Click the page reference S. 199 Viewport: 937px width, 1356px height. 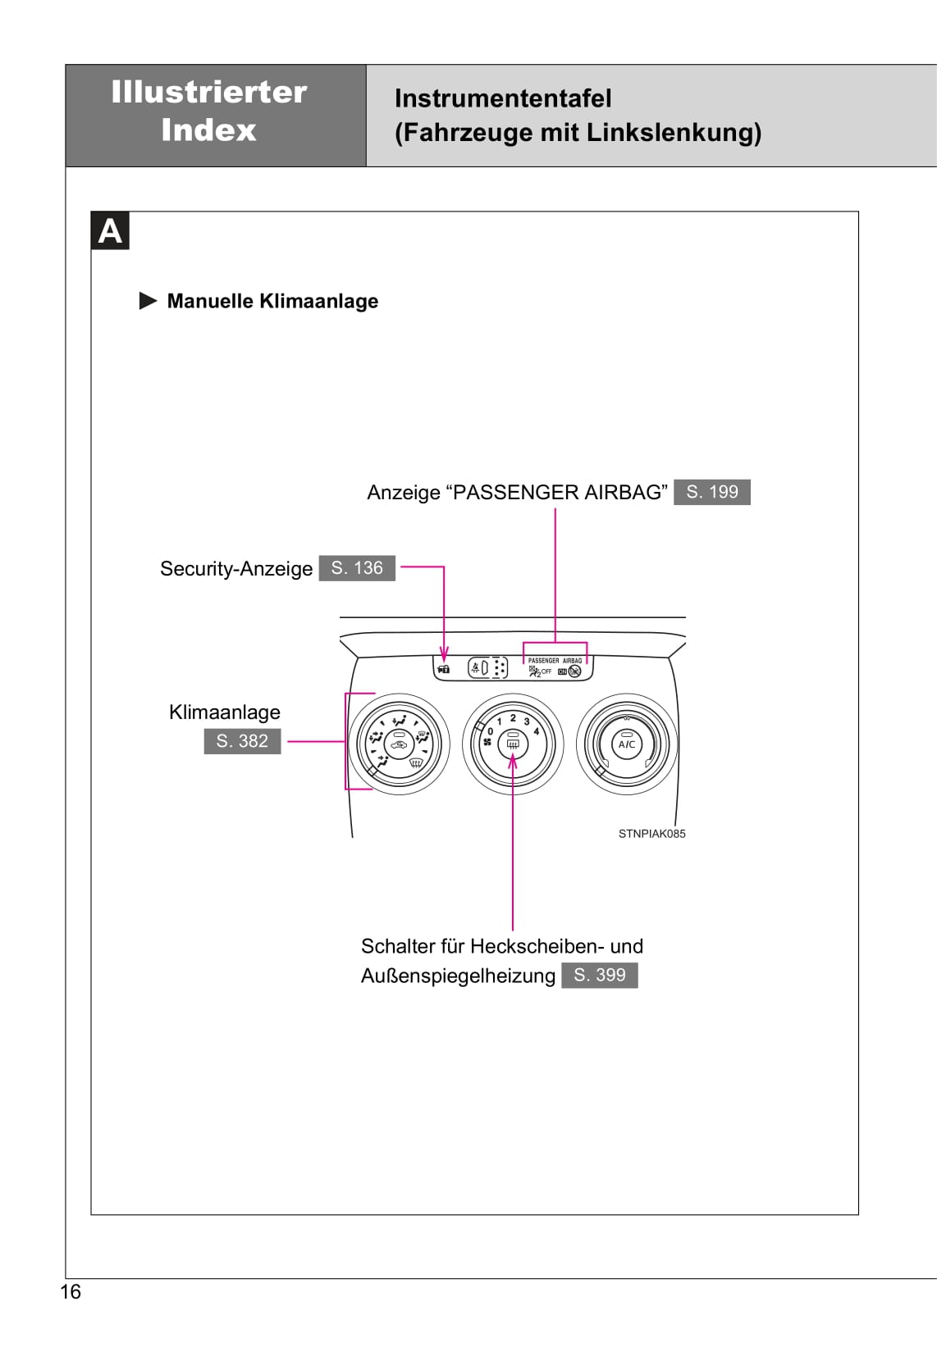coord(711,492)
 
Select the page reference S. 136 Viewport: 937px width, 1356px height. coord(356,568)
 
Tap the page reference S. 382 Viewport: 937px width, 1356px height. coord(242,741)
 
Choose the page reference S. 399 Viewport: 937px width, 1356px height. coord(599,975)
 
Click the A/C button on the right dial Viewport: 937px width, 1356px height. coord(627,744)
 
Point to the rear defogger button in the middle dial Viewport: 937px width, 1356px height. coord(513,744)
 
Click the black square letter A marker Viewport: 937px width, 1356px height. coord(110,231)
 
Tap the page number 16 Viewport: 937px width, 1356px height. coord(71,1292)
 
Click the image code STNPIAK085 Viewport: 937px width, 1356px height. coord(651,834)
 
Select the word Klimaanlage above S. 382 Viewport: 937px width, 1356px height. coord(224,712)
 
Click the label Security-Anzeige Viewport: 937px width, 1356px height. coord(235,569)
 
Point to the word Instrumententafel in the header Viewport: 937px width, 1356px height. coord(503,98)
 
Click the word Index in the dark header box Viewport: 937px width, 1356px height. coord(208,130)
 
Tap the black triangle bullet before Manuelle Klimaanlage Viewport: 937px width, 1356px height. coord(148,301)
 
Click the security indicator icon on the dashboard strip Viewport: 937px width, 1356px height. coord(444,669)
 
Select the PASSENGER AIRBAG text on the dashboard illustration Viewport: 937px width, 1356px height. coord(555,660)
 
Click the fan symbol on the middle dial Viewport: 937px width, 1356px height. coord(487,743)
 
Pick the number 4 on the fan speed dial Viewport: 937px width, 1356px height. coord(536,730)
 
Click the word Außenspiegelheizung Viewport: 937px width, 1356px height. coord(458,976)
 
